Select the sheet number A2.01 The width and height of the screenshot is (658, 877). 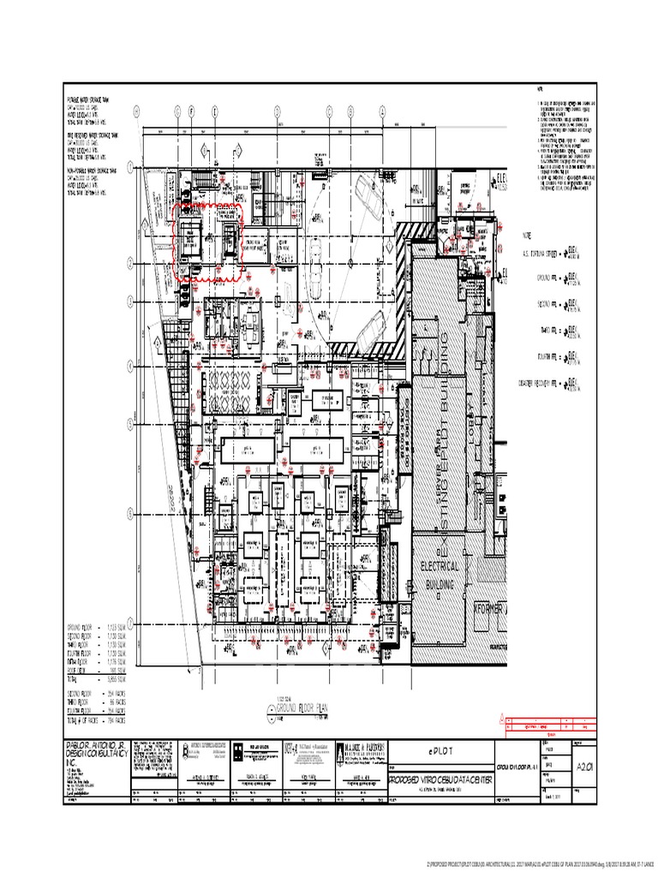click(585, 742)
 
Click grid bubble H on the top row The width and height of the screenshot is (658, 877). click(135, 110)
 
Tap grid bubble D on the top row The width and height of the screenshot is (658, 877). click(278, 110)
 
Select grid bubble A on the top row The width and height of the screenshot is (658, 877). click(380, 110)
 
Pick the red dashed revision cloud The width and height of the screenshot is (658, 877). click(209, 242)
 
